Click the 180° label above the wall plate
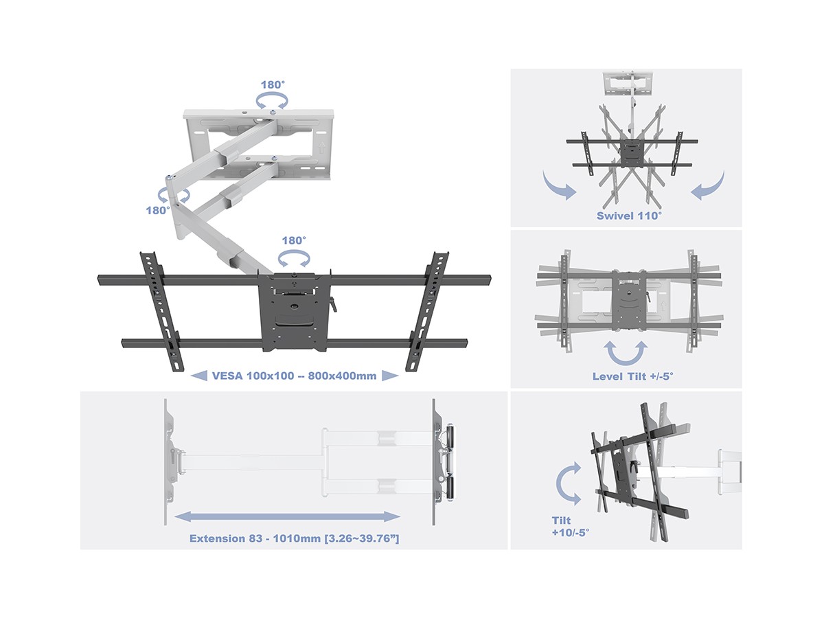[x=273, y=84]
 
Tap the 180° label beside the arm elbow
[x=158, y=210]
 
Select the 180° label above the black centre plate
[x=294, y=240]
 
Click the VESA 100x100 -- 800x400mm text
[x=295, y=376]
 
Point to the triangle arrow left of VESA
[x=199, y=376]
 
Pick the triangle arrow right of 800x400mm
[x=390, y=376]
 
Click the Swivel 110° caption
[x=630, y=216]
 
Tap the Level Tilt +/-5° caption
[x=633, y=376]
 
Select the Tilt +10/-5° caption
[x=570, y=527]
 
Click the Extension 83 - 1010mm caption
[x=295, y=538]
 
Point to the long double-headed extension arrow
[x=288, y=516]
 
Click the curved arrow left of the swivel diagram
[x=560, y=185]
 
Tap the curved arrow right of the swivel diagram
[x=708, y=185]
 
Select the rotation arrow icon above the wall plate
[x=272, y=102]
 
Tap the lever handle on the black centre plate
[x=332, y=304]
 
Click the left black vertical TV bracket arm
[x=162, y=312]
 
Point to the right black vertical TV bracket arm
[x=427, y=312]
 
